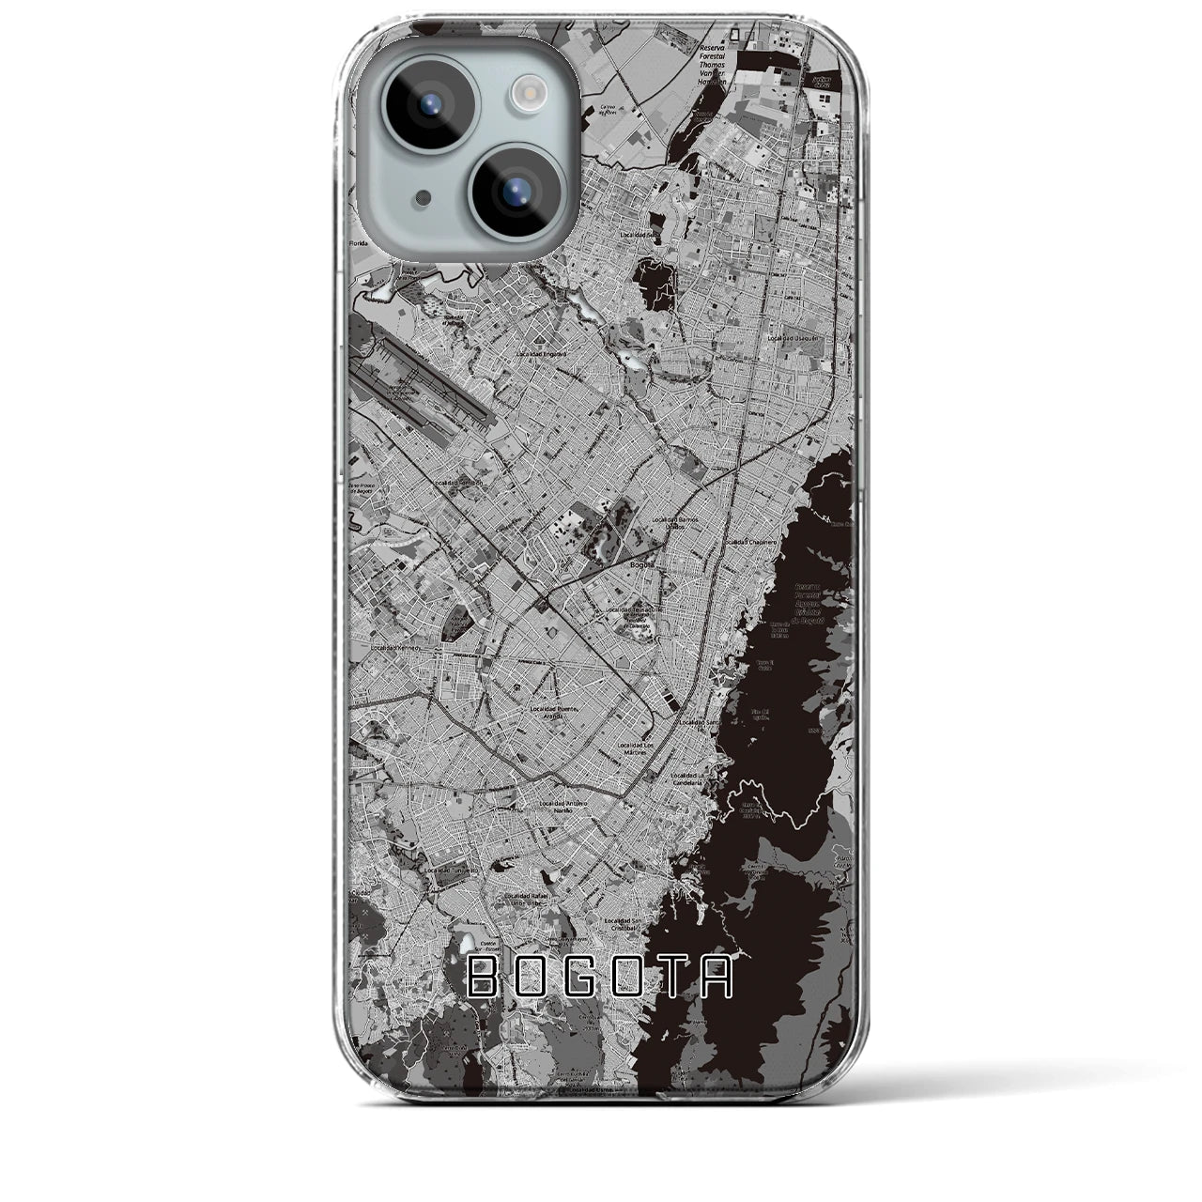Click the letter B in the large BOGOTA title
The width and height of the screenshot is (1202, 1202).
(485, 977)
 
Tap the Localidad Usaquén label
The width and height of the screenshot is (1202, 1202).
(795, 338)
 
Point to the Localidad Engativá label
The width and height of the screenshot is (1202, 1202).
(542, 355)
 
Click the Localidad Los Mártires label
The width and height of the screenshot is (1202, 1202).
(641, 748)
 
